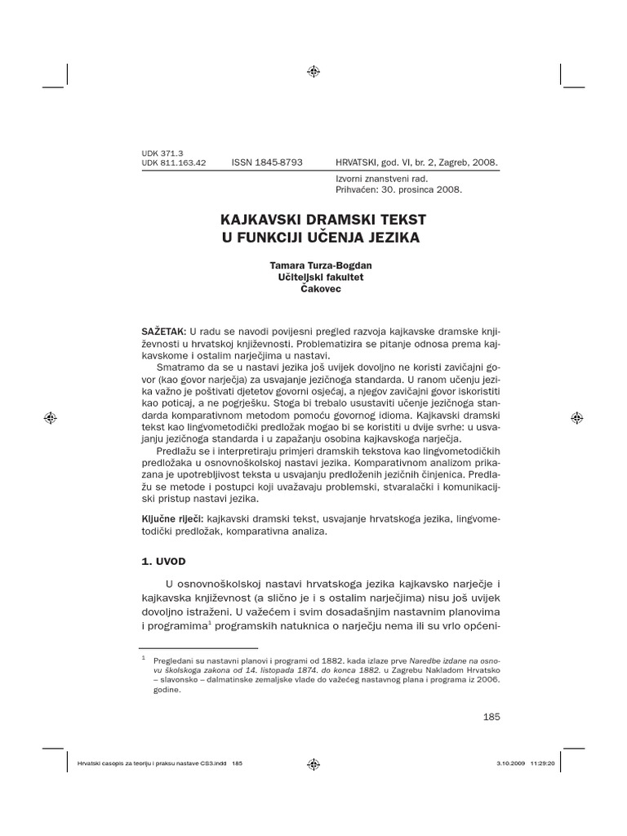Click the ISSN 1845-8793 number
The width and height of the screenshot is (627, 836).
click(x=267, y=162)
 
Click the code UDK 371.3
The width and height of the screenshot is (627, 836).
click(x=163, y=153)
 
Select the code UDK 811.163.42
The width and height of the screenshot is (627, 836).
click(x=174, y=163)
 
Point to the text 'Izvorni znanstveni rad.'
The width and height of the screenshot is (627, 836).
click(x=381, y=178)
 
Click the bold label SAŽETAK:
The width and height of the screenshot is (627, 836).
click(x=164, y=331)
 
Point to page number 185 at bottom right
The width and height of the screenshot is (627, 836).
click(x=491, y=716)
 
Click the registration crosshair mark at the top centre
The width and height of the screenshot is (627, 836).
click(x=313, y=72)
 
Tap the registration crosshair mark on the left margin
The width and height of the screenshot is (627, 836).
click(x=50, y=417)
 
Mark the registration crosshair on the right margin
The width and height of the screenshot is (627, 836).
click(x=577, y=417)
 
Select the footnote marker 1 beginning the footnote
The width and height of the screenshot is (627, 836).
click(x=144, y=656)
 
